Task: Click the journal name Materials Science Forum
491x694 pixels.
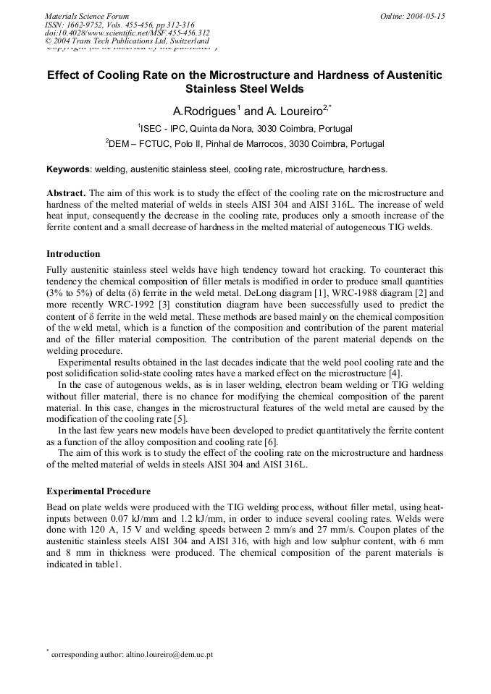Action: [x=87, y=15]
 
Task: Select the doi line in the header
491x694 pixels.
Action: [x=127, y=33]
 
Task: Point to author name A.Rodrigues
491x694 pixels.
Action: [x=203, y=111]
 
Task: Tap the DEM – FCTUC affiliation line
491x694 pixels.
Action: [x=245, y=143]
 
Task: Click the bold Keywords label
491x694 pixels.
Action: [x=68, y=169]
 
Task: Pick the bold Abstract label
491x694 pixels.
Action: [x=66, y=193]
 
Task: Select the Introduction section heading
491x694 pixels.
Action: [x=73, y=254]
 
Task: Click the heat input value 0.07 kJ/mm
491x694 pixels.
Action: [x=128, y=519]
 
